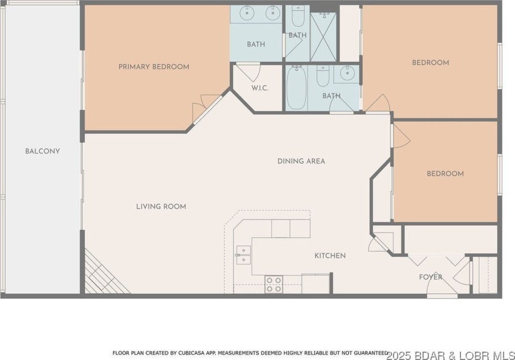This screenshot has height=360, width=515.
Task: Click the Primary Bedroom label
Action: [x=154, y=67]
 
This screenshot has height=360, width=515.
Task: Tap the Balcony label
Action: [x=42, y=151]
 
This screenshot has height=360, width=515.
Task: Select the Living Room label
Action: [x=161, y=206]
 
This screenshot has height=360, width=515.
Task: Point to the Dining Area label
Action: [x=301, y=161]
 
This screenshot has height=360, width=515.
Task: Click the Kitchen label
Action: [x=330, y=256]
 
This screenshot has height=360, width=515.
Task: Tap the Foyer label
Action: [x=430, y=277]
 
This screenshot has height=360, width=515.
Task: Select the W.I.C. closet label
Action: [x=260, y=88]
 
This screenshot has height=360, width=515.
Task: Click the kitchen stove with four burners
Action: [x=274, y=284]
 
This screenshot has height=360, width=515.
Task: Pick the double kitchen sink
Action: [x=243, y=255]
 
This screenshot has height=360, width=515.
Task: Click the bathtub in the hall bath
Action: [x=296, y=88]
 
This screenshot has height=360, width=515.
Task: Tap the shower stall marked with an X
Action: [x=324, y=37]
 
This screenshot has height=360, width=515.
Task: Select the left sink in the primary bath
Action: [x=246, y=13]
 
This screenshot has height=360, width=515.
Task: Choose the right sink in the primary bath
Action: [x=272, y=13]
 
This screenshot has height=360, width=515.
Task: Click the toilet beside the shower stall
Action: [x=298, y=16]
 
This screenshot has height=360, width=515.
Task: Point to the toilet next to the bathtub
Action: [x=323, y=75]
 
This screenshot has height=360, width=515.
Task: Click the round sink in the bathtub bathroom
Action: [x=346, y=73]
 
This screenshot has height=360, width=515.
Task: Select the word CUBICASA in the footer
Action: [x=191, y=353]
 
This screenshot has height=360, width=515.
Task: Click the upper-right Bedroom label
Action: [x=430, y=63]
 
